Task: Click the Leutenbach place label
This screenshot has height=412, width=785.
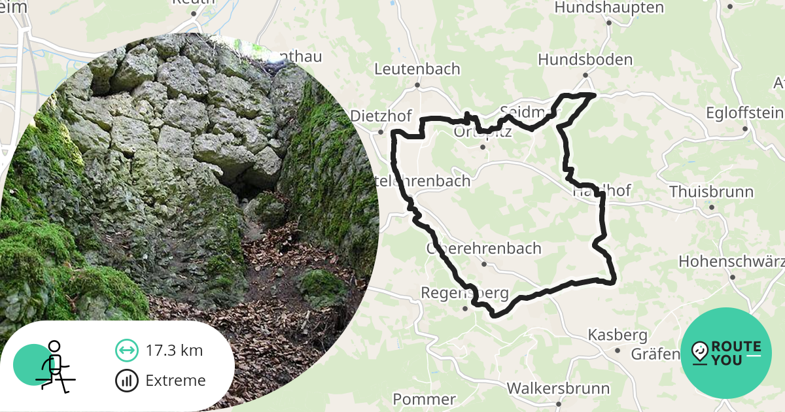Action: coord(417,69)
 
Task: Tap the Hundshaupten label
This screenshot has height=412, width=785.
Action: coord(609,8)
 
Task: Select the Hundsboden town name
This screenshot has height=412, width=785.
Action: coord(585,60)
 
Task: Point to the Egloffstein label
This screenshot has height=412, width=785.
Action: coord(744,113)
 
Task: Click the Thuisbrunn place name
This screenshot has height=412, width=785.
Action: coord(711,192)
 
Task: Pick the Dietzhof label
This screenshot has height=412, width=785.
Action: coord(381,116)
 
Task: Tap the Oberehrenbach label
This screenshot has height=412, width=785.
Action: coord(484,249)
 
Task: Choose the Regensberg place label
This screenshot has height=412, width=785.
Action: coord(465,293)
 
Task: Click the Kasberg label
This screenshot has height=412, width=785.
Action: coord(618,335)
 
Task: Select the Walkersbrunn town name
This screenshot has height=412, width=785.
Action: coord(558,388)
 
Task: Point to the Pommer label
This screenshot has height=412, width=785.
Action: coord(424,399)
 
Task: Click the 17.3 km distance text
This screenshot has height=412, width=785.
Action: coord(174,351)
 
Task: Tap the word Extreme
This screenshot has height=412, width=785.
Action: coord(175,381)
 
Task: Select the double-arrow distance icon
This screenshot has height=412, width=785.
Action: coord(126,351)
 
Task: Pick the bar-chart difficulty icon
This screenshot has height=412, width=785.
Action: coord(126,381)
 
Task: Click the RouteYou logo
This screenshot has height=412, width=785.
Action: coord(725,353)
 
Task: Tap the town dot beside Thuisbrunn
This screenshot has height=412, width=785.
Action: coord(712,207)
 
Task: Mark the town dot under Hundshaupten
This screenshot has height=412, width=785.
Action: coord(608,23)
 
